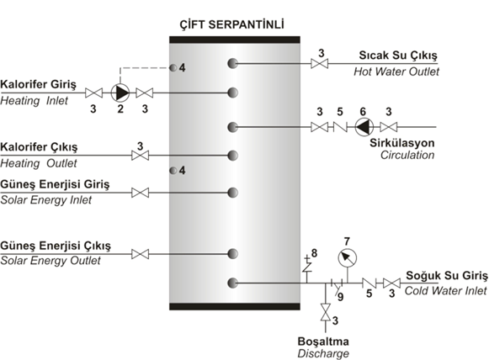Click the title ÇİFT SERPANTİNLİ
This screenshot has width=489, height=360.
231,24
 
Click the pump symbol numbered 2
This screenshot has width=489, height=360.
120,93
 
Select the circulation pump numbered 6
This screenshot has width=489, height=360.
364,127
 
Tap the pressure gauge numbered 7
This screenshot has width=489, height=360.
348,257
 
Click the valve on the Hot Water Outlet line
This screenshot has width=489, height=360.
320,64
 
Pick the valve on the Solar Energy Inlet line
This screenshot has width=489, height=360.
140,193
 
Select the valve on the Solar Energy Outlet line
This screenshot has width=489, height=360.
140,254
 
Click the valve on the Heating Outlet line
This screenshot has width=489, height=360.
140,156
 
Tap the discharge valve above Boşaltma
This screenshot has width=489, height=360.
326,312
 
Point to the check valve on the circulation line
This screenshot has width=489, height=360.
340,127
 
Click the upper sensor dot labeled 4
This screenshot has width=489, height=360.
173,67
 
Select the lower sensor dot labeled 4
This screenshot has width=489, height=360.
173,171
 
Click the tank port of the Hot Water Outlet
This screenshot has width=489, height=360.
232,64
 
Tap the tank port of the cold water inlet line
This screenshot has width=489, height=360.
232,283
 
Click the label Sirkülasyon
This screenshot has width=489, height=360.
402,143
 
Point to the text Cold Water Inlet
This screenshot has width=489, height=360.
445,291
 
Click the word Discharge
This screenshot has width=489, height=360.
323,353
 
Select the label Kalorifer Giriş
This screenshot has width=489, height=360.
38,84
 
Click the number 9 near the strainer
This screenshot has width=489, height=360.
341,297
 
